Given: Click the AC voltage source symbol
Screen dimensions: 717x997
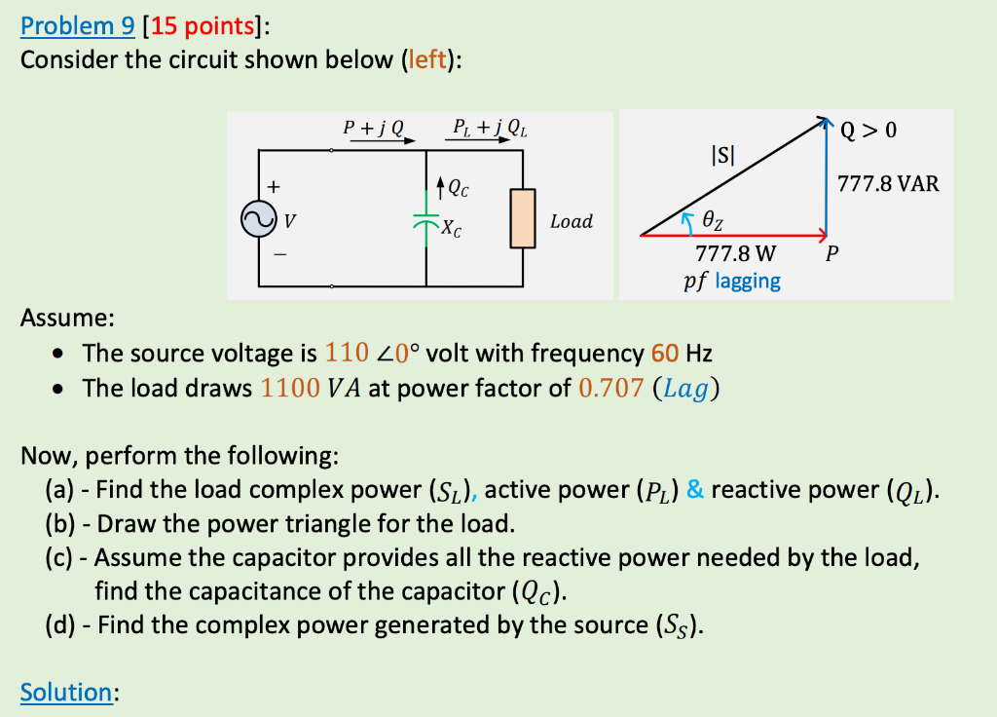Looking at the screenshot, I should [260, 220].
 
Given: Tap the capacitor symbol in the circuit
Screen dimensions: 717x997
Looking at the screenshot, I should [426, 222].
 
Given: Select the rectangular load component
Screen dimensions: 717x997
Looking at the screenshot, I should [524, 219].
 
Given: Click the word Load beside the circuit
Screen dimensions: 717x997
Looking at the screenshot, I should [572, 221].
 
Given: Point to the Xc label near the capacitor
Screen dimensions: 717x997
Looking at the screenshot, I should [452, 230].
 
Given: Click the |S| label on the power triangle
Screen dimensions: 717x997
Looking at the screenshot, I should [724, 153].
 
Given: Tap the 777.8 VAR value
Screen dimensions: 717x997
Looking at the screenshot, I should [889, 183].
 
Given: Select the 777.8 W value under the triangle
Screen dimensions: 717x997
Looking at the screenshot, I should [736, 255].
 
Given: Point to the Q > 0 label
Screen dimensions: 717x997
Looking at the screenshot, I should [869, 131].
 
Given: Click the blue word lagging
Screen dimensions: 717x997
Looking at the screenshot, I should [748, 282].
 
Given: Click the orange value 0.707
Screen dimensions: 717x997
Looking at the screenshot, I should [610, 388].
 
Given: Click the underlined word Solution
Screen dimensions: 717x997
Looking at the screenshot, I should [66, 693].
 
